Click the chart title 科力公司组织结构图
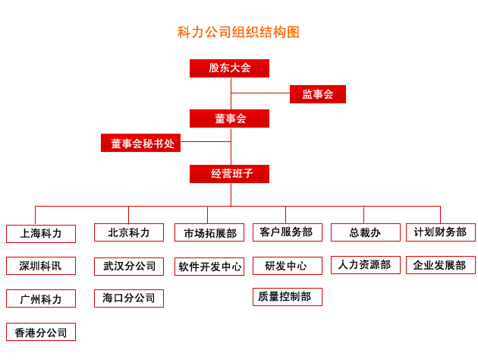click(238, 33)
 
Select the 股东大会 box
click(229, 68)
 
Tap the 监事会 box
click(318, 94)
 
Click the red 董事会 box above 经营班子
click(229, 118)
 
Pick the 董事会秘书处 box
click(140, 143)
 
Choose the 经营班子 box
click(229, 174)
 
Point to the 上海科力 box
click(41, 234)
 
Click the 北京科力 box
click(129, 232)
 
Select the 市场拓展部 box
click(209, 232)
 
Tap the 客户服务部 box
click(288, 232)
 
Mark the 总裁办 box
click(366, 232)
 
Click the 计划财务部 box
click(441, 232)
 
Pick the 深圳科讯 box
click(41, 266)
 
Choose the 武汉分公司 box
click(129, 267)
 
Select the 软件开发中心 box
click(209, 267)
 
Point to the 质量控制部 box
click(288, 297)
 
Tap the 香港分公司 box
click(41, 332)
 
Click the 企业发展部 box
click(441, 265)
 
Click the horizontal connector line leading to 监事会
click(260, 93)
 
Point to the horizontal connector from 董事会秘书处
click(206, 141)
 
